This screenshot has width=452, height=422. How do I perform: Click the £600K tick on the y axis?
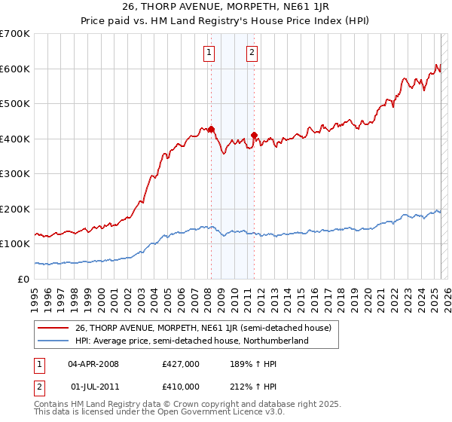click(x=15, y=69)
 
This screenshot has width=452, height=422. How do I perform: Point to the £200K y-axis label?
click(x=15, y=209)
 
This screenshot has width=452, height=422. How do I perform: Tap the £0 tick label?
click(x=24, y=279)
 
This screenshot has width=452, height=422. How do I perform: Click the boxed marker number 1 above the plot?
click(x=208, y=53)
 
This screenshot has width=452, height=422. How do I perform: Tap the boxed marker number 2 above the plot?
click(x=252, y=53)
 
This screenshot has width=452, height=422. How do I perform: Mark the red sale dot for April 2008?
click(x=211, y=129)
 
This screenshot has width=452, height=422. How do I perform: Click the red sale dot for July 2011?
click(x=254, y=135)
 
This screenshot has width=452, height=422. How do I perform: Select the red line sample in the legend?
click(x=53, y=328)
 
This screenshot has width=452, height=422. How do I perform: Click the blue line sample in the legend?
click(x=53, y=341)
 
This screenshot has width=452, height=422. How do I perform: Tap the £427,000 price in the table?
click(x=181, y=364)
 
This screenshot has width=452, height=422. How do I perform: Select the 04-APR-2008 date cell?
click(x=93, y=364)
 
